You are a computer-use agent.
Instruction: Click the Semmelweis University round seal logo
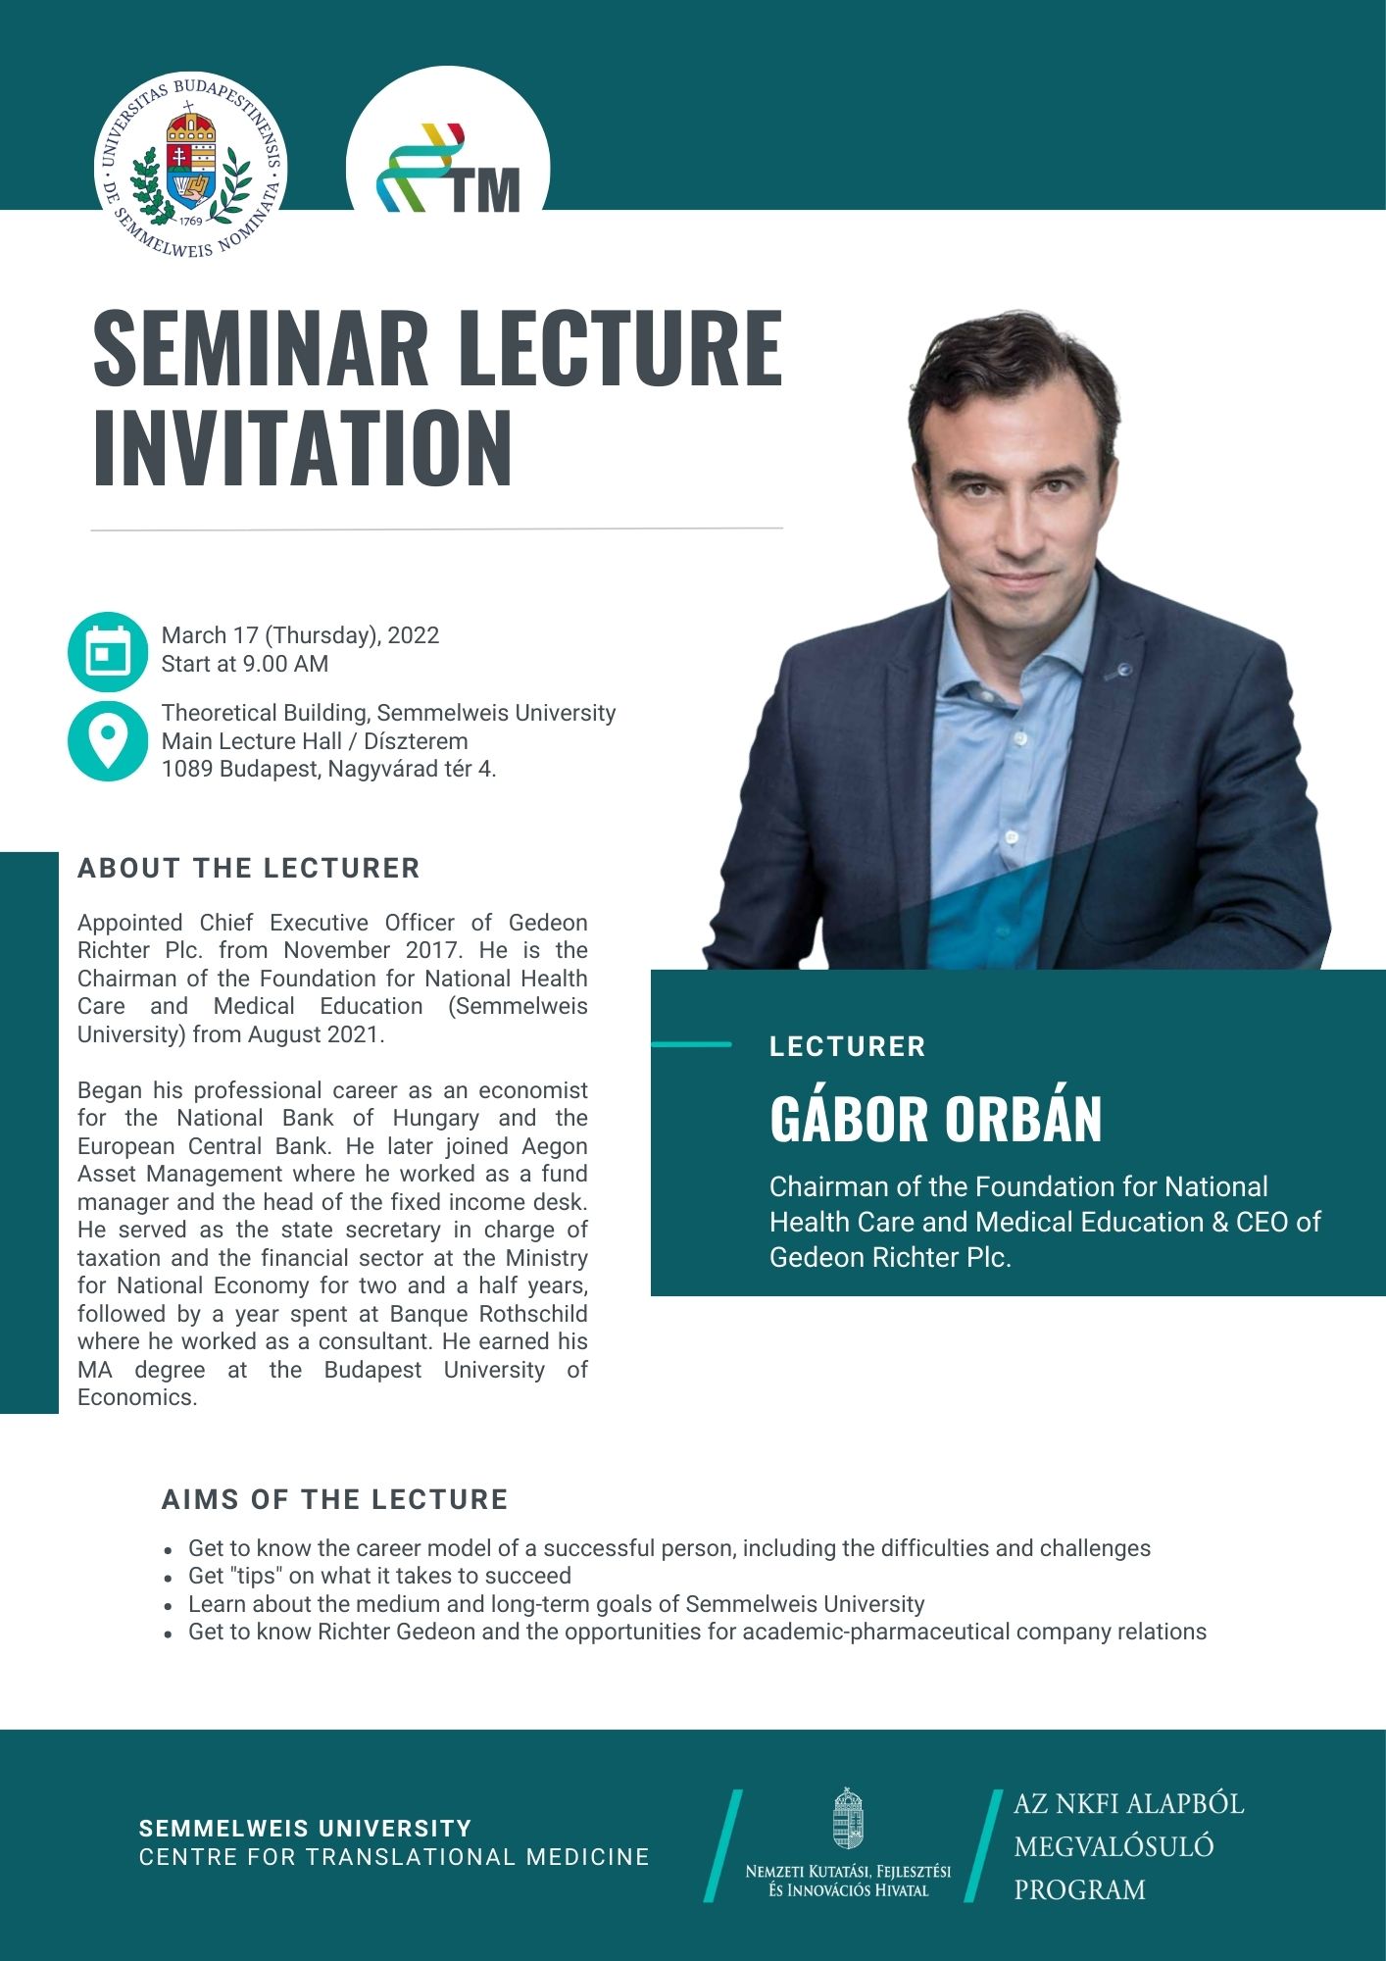point(191,166)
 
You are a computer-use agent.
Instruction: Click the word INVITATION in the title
point(303,448)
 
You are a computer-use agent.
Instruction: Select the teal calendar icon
point(108,652)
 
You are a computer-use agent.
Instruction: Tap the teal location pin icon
point(108,741)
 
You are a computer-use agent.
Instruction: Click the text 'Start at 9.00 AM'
point(245,664)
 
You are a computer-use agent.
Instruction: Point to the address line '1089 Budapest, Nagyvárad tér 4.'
point(329,769)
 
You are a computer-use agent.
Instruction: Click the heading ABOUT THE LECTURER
point(249,868)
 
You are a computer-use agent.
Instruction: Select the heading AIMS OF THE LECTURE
point(335,1499)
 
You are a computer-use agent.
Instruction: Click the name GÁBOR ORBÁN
point(936,1119)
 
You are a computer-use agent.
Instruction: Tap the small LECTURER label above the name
point(848,1046)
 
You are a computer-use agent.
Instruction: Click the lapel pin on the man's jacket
point(1124,670)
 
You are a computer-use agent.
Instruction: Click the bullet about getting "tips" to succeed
point(379,1576)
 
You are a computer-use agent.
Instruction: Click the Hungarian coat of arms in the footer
point(848,1819)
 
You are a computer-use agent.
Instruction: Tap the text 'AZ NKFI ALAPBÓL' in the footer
point(1129,1804)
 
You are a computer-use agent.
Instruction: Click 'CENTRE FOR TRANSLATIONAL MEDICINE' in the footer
point(394,1857)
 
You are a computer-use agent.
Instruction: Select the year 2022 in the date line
point(414,635)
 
